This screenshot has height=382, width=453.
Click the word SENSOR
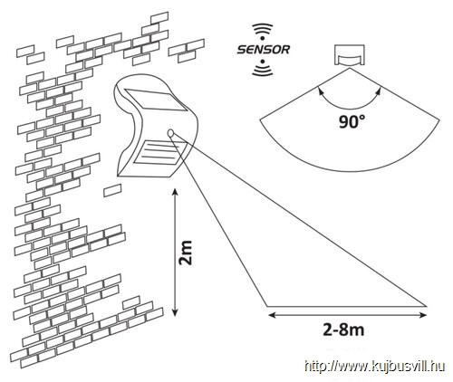(x=263, y=50)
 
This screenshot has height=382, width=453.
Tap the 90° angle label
(x=352, y=121)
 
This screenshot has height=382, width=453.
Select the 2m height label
(x=186, y=253)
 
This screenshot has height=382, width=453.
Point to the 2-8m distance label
(x=343, y=330)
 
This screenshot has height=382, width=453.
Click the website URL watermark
(x=375, y=367)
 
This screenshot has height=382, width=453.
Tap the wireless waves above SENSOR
(x=263, y=32)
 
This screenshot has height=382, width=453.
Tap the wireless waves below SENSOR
(x=263, y=68)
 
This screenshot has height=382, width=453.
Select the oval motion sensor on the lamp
(x=170, y=133)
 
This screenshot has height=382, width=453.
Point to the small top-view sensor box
(x=350, y=55)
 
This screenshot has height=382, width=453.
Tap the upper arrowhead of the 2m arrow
(x=174, y=193)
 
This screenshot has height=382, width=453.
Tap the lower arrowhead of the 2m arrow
(x=174, y=311)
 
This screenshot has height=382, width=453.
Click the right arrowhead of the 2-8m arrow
(x=422, y=315)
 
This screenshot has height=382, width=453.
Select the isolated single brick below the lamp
(x=112, y=190)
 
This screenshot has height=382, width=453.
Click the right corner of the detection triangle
(x=427, y=306)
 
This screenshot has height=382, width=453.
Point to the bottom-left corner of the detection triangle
(x=266, y=306)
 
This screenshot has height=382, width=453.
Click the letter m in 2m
(x=186, y=247)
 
